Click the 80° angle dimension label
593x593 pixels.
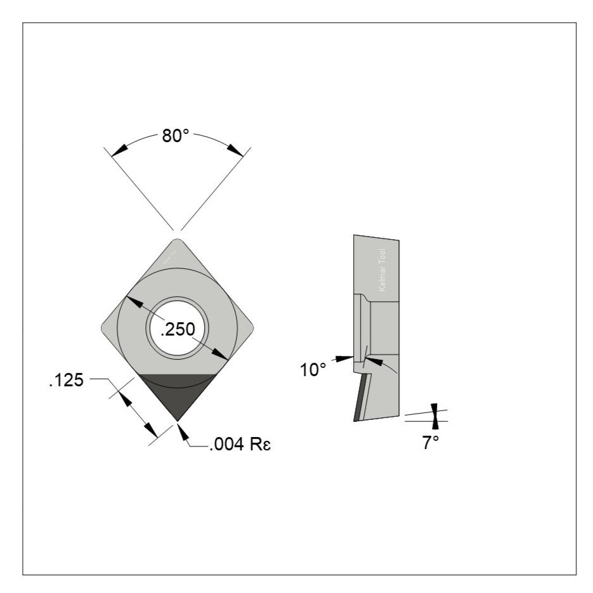pos(176,136)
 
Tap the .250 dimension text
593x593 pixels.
pos(177,329)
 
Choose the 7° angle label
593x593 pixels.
pos(431,443)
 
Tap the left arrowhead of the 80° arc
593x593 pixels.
pos(117,150)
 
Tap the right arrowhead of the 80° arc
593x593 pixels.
pos(235,150)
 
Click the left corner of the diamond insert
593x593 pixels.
pos(104,328)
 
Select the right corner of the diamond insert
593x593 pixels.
pos(252,328)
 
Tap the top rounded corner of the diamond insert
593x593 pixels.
pos(178,241)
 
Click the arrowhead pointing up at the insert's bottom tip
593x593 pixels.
pos(183,432)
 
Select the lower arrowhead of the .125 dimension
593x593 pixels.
pos(152,431)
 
